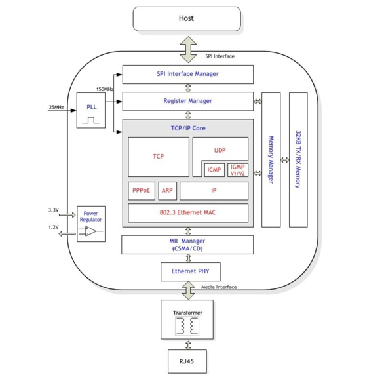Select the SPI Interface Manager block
pos(187,74)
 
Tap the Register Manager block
pos(187,101)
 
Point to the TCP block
pos(158,157)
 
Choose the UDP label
pos(220,151)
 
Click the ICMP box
pos(215,170)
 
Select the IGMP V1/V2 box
pos(237,170)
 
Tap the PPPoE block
pos(141,191)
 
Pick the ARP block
pos(167,191)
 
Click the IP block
pos(214,191)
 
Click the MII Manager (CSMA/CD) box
pos(187,245)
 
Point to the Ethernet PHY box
pos(190,271)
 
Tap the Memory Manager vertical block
pos(271,159)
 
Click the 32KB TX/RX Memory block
pos(298,159)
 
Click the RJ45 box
pos(188,361)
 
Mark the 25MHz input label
pos(56,107)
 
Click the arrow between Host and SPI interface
pos(188,48)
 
